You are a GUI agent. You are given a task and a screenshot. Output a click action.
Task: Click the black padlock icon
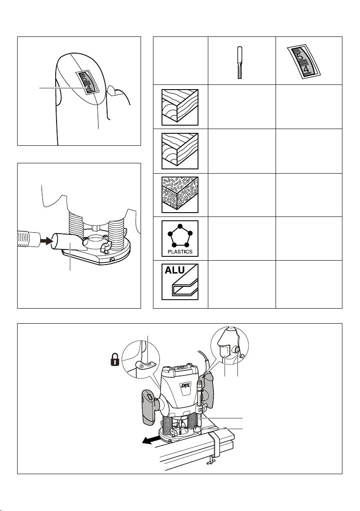115,361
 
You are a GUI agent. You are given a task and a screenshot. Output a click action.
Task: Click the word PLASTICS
180,252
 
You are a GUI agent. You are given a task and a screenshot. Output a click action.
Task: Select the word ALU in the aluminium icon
174,271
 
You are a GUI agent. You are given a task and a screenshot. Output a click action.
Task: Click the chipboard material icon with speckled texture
180,195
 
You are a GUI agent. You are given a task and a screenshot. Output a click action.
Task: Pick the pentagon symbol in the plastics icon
180,235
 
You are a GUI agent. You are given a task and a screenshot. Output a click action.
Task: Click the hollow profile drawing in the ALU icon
184,286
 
